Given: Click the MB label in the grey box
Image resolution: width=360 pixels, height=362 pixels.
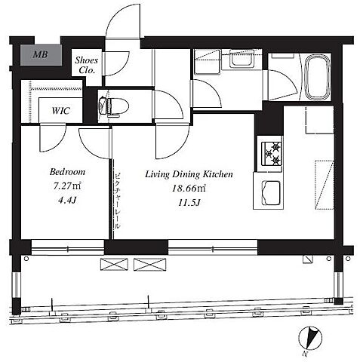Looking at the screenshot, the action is pos(41,54).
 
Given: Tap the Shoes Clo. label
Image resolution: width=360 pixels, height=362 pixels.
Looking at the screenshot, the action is pos(87,65).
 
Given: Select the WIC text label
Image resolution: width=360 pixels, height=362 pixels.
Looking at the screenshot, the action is pos(60,111).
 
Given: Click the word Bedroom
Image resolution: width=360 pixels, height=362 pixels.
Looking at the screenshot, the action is pos(67,172).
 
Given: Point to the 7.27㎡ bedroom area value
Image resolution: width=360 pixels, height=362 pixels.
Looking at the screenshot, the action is pos(67,186).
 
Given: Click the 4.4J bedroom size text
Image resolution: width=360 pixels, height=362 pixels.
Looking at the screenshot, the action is pos(67,200).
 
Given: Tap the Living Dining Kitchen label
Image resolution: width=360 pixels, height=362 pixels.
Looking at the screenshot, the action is pos(189,174).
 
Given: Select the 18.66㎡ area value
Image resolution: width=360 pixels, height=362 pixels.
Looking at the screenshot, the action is pos(189,189).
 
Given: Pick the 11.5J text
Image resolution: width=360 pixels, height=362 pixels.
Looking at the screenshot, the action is pos(189,202).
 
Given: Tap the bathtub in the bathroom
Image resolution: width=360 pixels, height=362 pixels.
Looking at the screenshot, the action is pos(318,77).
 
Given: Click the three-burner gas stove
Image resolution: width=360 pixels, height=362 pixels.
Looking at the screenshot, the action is pos(272,154).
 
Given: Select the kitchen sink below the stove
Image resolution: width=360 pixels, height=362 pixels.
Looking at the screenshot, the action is pos(271,193).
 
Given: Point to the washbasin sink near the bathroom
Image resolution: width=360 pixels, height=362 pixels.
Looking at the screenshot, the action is pos(241,60).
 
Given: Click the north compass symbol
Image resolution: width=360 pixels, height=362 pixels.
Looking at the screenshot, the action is pos(310,339).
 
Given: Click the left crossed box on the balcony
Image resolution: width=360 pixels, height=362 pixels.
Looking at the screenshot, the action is pos(114,265).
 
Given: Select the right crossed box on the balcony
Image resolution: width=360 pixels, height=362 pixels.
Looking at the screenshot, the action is pos(150,265).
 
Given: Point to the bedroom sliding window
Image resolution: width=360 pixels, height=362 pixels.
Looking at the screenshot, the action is pos(67,247).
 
